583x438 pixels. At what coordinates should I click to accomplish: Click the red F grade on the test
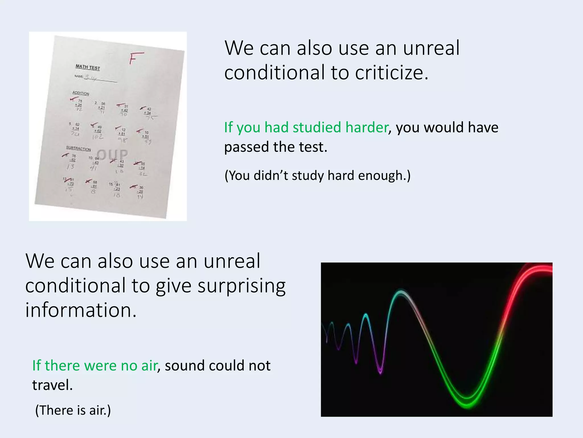point(136,58)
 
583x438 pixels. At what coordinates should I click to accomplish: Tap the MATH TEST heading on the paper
point(88,67)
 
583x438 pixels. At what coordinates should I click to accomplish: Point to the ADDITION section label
point(81,93)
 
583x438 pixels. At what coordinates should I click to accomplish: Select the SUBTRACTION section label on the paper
point(79,149)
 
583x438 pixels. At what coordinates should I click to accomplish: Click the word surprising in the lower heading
point(241,286)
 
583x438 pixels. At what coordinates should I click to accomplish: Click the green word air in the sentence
point(149,366)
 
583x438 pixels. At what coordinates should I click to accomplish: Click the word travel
point(52,385)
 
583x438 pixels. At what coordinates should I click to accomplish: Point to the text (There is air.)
point(73,410)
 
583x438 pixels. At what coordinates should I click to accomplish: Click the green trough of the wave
point(467,401)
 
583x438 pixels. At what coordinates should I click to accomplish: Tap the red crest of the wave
point(538,269)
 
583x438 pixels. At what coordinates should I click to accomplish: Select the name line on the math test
point(100,80)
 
